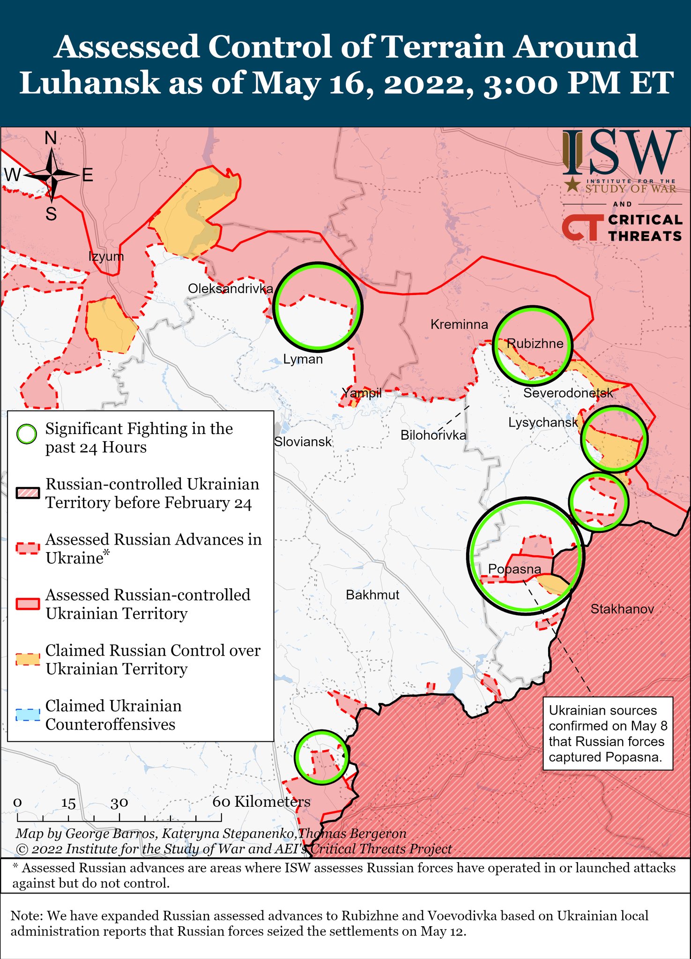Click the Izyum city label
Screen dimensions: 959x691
click(x=106, y=256)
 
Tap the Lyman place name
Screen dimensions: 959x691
click(x=303, y=359)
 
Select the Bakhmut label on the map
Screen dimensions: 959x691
click(x=372, y=595)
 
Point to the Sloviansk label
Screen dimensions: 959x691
click(x=303, y=442)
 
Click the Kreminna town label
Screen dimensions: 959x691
click(x=459, y=324)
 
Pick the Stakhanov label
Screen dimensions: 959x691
click(x=622, y=609)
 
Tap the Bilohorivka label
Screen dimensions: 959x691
click(x=433, y=435)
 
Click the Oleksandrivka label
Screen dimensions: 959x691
click(x=230, y=288)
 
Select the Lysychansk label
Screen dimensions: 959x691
click(x=543, y=422)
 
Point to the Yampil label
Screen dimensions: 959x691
click(x=361, y=393)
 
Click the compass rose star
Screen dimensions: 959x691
click(x=52, y=175)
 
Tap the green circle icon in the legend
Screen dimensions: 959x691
click(x=27, y=434)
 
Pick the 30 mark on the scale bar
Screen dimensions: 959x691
click(x=119, y=803)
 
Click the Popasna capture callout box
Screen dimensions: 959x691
click(x=608, y=733)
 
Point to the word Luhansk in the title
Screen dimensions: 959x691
click(x=89, y=83)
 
